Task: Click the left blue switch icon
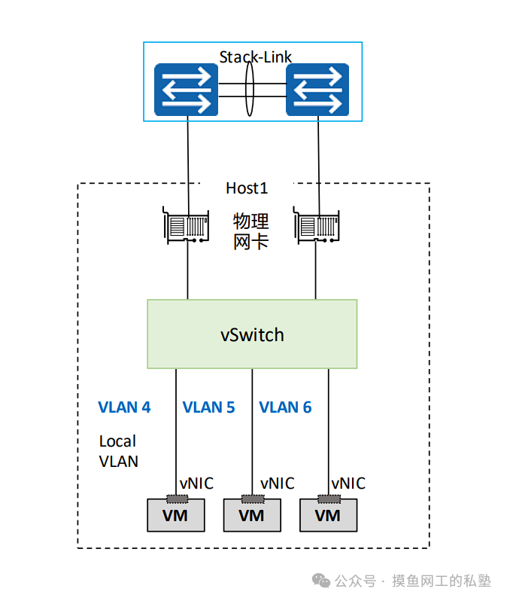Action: pos(186,90)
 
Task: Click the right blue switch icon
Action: pos(317,90)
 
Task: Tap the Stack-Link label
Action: pos(255,57)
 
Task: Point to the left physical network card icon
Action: pos(186,227)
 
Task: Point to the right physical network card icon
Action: pos(317,227)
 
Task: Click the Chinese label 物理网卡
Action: pos(250,231)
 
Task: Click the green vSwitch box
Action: pos(252,334)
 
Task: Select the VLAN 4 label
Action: pos(124,407)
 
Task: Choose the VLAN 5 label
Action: pos(208,407)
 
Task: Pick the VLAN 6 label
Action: pos(285,407)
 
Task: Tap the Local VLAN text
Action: pos(118,451)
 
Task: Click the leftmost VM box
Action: pos(175,516)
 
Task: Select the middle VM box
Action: pos(252,516)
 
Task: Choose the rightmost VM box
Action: pos(328,516)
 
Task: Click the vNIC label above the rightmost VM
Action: pos(348,484)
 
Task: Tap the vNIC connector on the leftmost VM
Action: pos(175,499)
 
